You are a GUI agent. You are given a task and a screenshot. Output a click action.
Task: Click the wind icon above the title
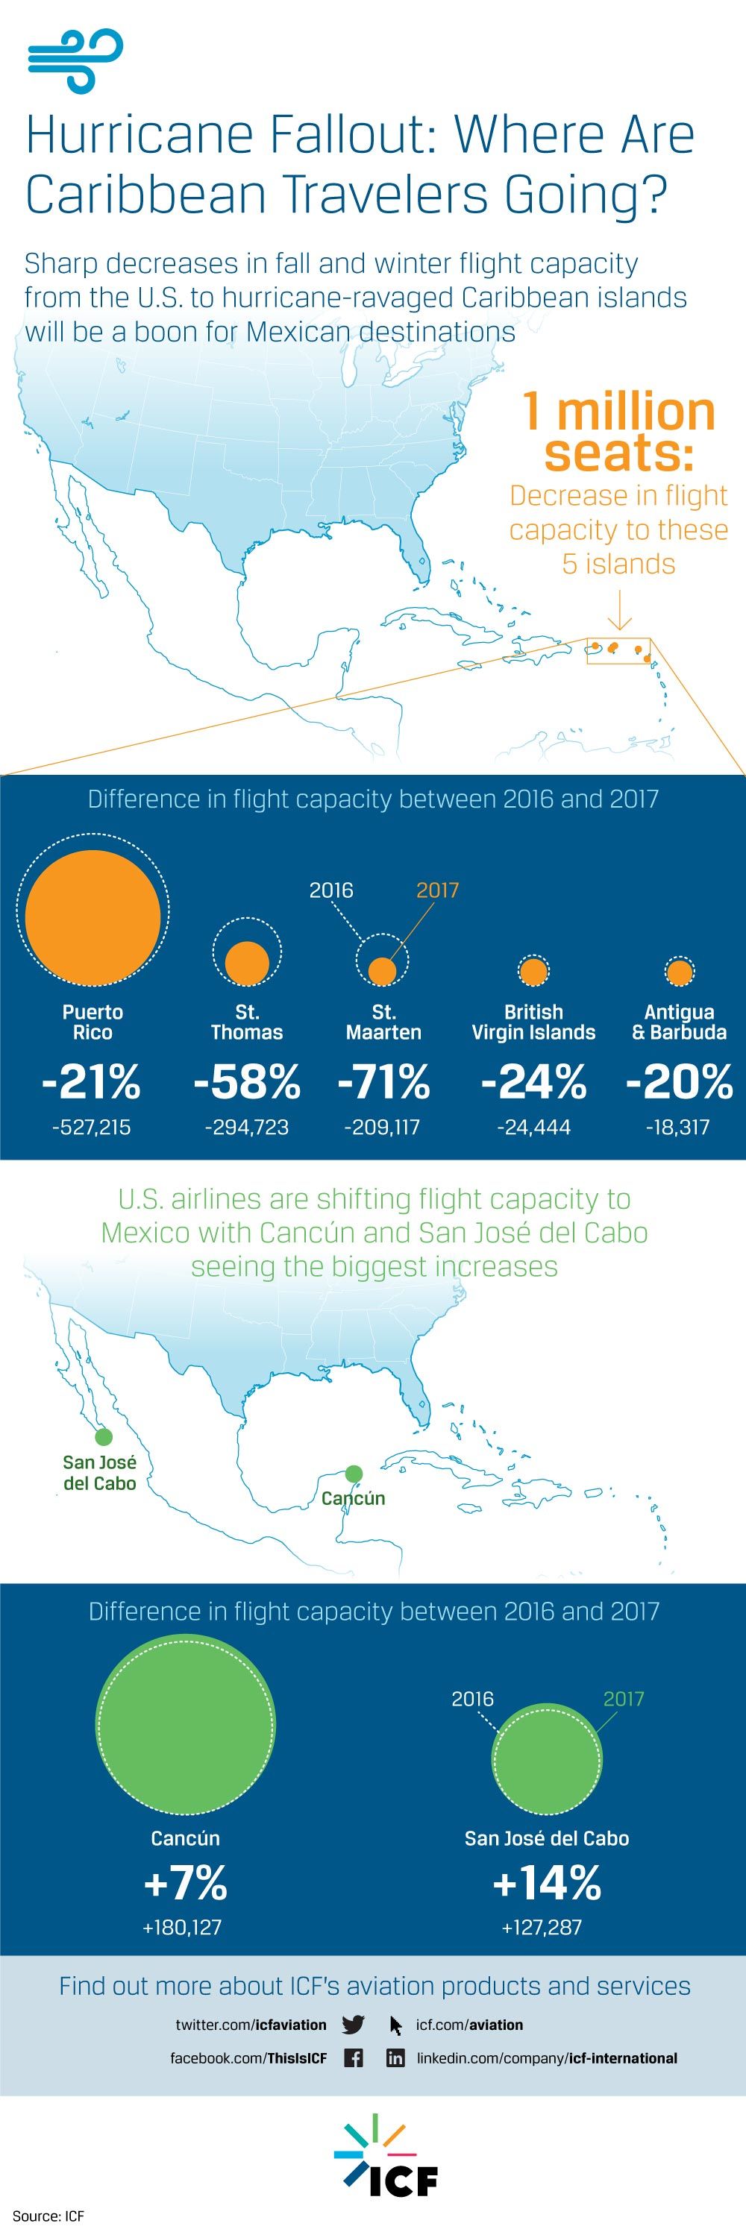coord(75,60)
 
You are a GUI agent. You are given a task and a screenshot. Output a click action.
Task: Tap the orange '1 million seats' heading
coord(618,433)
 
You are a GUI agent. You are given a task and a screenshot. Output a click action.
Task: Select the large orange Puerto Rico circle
coord(93,916)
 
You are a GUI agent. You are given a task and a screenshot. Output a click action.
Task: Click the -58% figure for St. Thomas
coord(247,1082)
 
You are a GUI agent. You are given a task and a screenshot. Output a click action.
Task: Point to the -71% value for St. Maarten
coord(384,1082)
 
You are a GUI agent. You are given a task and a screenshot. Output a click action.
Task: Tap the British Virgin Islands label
coord(533,1022)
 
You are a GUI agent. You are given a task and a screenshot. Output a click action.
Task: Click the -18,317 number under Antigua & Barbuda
coord(677,1128)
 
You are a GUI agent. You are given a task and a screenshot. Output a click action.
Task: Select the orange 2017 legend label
coord(438,890)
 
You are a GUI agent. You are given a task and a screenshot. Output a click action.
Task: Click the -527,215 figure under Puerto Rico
coord(91,1128)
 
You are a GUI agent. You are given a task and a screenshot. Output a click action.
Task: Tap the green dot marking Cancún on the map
coord(354,1473)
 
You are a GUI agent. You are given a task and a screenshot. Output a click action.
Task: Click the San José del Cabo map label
coord(100,1473)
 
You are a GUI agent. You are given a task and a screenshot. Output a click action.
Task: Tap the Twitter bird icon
coord(353,2025)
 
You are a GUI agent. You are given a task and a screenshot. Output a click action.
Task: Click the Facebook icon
coord(354,2057)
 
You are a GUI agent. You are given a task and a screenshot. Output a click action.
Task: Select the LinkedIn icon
coord(395,2057)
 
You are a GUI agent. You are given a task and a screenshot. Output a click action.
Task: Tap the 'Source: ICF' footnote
coord(48,2216)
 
